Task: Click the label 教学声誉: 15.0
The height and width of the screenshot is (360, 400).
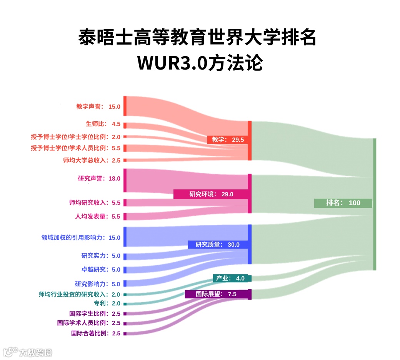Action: pos(98,107)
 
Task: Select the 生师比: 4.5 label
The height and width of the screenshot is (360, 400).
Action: pos(103,124)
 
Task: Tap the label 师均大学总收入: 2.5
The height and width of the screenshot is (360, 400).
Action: pos(92,160)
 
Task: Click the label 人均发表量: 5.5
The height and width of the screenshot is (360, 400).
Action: pos(98,216)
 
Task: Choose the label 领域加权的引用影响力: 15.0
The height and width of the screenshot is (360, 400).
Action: pos(81,237)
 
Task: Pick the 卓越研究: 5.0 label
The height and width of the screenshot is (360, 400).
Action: pos(101,269)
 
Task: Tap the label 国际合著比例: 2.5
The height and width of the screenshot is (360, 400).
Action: pos(96,333)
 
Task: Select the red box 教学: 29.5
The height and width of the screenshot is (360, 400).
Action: pos(227,139)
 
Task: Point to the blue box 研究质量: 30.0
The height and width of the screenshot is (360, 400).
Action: pos(217,244)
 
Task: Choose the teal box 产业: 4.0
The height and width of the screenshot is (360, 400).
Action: pos(232,278)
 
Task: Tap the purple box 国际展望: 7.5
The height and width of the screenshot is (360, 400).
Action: pos(218,294)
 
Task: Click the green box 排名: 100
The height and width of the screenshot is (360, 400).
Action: pos(343,203)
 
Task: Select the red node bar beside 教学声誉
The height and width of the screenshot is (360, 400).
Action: pos(125,106)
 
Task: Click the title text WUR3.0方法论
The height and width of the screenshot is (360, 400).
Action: pos(200,63)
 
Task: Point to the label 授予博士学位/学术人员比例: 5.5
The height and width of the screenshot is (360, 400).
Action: pos(76,148)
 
